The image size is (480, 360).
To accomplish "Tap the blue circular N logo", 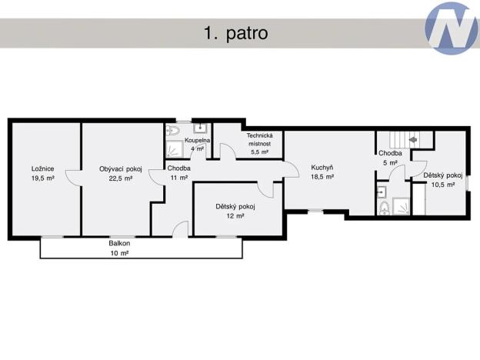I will (452, 28).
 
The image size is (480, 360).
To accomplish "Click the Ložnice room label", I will (42, 168).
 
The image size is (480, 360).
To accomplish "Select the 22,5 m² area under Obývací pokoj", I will (121, 178).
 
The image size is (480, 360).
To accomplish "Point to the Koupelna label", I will (198, 140).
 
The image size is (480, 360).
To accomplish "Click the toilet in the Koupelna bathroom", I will (172, 132).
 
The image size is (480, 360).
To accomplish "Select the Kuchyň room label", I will (322, 167).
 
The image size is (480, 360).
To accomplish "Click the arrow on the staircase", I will (412, 140).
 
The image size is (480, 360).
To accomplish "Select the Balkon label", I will (119, 243).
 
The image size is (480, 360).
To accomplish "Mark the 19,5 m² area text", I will (42, 178).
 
